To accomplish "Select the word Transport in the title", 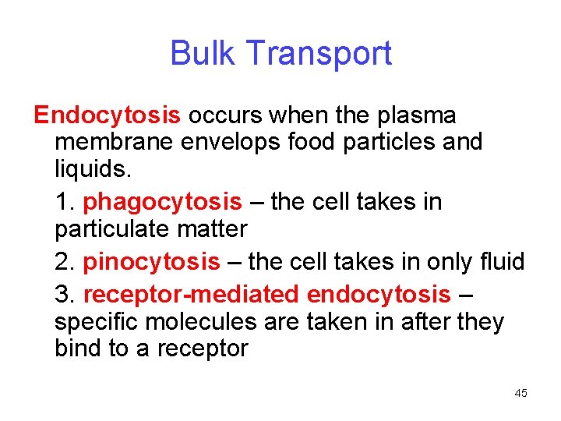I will point(319,54).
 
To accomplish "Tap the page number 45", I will point(520,393).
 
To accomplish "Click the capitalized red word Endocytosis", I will point(108,115).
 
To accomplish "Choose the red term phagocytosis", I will point(162,203).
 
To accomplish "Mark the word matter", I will point(210,230).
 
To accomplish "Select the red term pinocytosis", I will point(151,262).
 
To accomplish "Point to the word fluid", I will point(500,262).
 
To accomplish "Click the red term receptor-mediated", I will point(191,295).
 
